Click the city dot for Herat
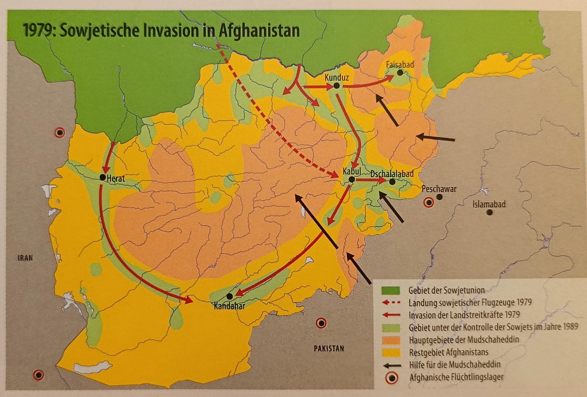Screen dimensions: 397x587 click(x=103, y=177)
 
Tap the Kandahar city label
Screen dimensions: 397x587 click(x=229, y=306)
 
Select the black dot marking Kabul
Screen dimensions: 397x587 click(x=352, y=180)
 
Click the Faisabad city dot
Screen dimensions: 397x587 click(x=400, y=73)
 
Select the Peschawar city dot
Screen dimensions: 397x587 click(x=439, y=197)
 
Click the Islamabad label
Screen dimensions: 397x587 click(x=489, y=204)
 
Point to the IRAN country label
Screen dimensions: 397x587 click(x=25, y=258)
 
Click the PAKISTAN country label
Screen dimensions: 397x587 click(x=329, y=348)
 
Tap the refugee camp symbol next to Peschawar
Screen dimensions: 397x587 click(x=429, y=203)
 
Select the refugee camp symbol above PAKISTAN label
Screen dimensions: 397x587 click(x=321, y=323)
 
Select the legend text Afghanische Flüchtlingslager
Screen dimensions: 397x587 click(x=456, y=378)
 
